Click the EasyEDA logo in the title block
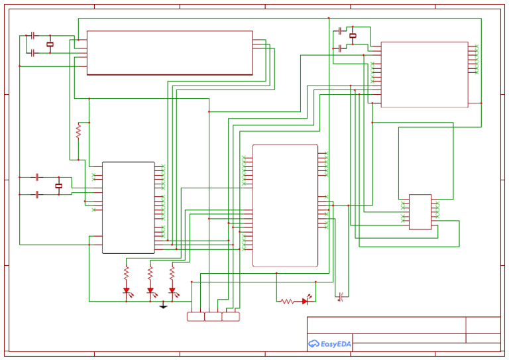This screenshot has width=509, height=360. click(x=329, y=343)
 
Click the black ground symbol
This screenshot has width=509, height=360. click(x=163, y=306)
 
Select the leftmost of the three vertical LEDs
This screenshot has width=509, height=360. click(x=126, y=290)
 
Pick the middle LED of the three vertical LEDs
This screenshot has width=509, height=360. click(x=150, y=290)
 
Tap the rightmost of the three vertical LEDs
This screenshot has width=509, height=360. click(x=172, y=290)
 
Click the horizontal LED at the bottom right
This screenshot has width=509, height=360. click(x=305, y=301)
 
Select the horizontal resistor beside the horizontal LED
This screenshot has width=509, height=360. click(x=287, y=301)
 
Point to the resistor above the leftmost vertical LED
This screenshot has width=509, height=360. click(x=126, y=272)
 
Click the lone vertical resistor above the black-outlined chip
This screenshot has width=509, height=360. click(x=78, y=131)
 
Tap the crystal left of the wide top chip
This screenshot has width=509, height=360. click(x=50, y=44)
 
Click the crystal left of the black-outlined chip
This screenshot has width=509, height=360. click(x=58, y=186)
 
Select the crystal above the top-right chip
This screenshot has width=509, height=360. click(x=353, y=36)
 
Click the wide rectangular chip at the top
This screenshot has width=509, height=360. click(x=170, y=52)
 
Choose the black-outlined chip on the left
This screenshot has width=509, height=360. click(x=128, y=208)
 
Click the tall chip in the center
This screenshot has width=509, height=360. click(x=285, y=206)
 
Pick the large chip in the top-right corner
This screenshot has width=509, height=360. click(x=424, y=74)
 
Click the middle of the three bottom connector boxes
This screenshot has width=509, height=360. click(x=213, y=317)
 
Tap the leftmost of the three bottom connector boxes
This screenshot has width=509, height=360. click(x=196, y=317)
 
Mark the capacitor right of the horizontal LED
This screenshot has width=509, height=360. click(x=341, y=296)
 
